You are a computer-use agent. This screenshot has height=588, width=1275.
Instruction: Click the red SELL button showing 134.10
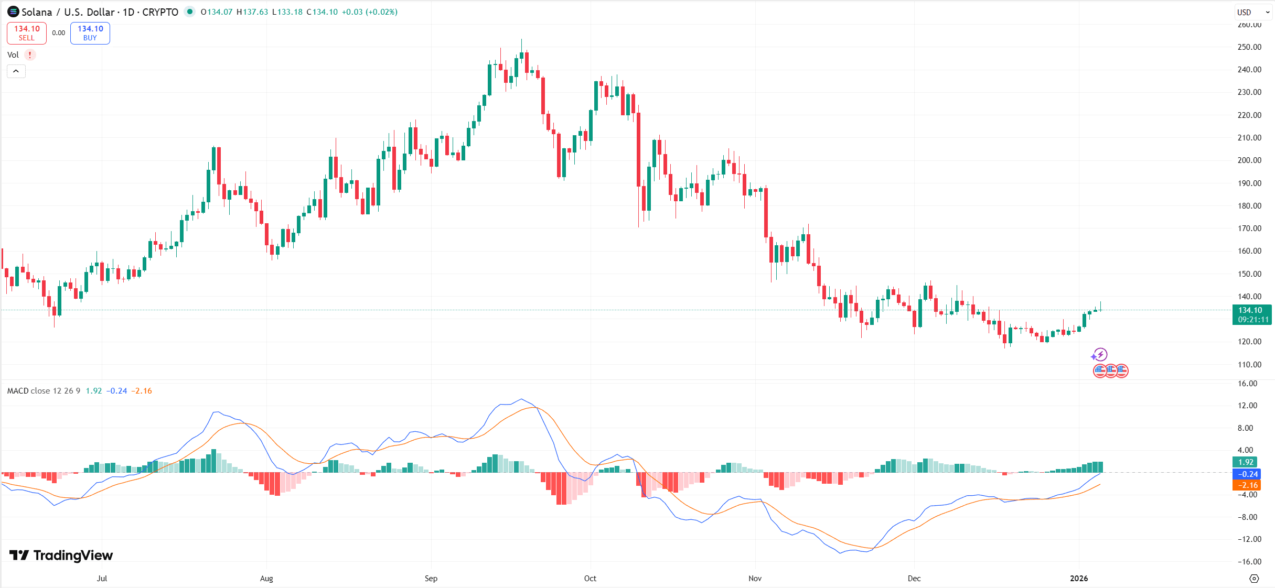coord(27,33)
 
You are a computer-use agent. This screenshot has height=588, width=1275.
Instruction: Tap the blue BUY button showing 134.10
coord(90,33)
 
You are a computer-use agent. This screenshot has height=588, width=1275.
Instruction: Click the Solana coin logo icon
coord(13,12)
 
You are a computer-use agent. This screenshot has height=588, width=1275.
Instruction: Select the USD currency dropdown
coord(1253,12)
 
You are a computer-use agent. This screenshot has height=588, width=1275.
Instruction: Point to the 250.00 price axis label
coord(1249,47)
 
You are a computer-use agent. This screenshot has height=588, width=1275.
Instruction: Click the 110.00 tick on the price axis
coord(1249,364)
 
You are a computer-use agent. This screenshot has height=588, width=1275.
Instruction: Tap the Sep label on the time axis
coord(431,578)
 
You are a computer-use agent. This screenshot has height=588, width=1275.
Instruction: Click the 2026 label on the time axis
coord(1078,578)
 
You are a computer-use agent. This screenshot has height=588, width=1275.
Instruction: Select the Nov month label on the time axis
coord(755,578)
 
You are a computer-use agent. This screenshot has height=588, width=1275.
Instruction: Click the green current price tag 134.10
coord(1251,314)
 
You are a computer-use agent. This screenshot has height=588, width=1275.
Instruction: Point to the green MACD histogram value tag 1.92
coord(1246,462)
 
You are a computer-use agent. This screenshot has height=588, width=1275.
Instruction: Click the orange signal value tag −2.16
coord(1246,485)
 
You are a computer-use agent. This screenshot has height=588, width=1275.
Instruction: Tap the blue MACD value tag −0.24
coord(1246,474)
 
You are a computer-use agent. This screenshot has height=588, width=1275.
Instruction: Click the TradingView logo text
coord(61,555)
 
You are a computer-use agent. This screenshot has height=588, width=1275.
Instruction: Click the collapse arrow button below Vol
coord(16,71)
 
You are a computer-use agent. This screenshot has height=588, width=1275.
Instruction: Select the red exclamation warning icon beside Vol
coord(30,55)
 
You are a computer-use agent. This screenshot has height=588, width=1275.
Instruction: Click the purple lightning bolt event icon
coord(1099,355)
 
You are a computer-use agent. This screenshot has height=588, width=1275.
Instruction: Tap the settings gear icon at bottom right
coord(1254,579)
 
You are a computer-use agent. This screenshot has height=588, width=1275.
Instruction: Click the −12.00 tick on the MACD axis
coord(1249,539)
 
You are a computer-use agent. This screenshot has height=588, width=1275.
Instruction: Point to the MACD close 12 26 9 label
coord(44,391)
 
